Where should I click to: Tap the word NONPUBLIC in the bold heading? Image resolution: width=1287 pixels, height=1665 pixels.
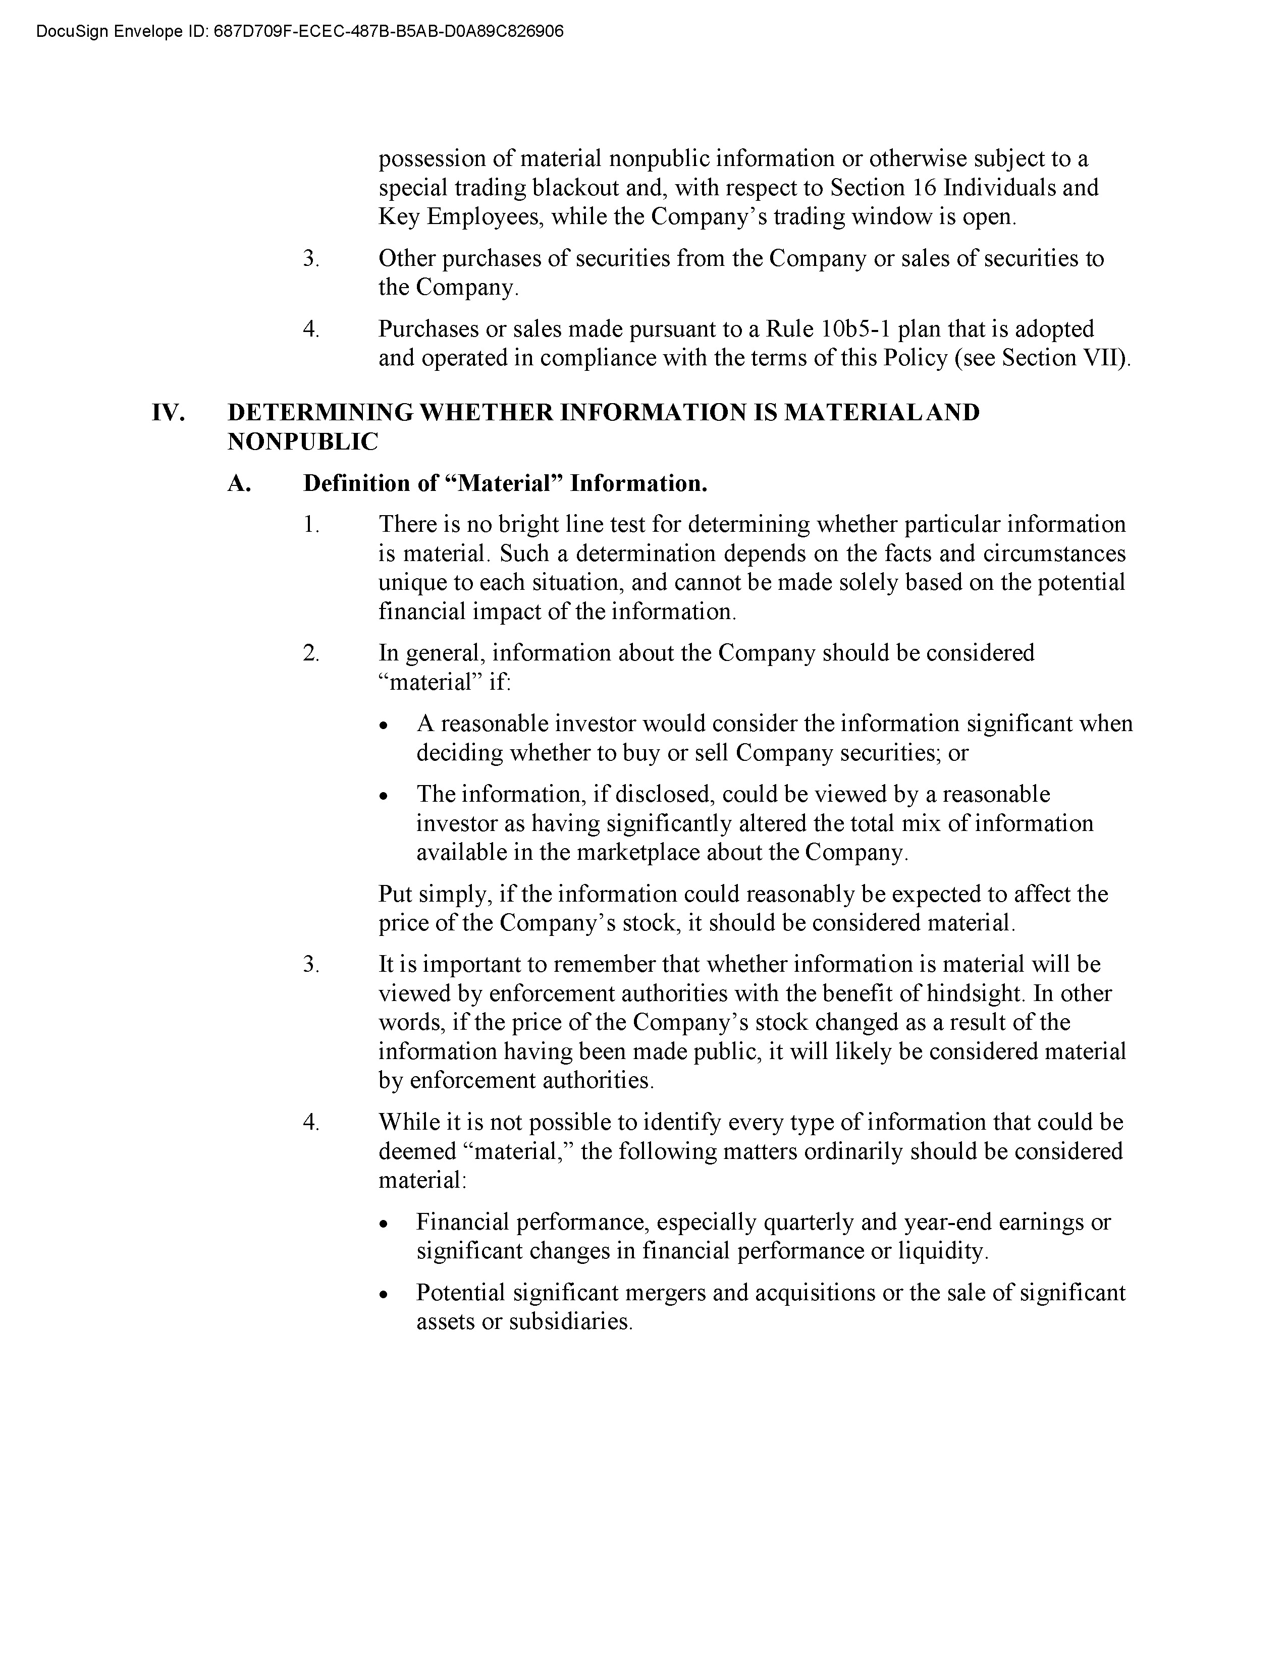(x=303, y=441)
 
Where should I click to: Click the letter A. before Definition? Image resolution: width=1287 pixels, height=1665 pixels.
(x=239, y=483)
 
